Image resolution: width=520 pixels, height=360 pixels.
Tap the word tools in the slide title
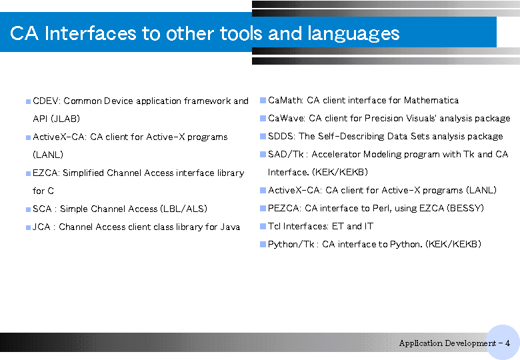[241, 33]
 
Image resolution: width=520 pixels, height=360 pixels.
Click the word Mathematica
[431, 100]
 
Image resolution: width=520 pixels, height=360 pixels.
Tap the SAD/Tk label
[286, 154]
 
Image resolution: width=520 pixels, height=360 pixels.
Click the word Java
[230, 227]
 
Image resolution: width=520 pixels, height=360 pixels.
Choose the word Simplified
[83, 173]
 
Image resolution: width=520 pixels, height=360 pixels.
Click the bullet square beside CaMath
[263, 101]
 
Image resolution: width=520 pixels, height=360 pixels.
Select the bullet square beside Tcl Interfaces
[263, 227]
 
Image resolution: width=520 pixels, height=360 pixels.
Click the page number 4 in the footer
[507, 343]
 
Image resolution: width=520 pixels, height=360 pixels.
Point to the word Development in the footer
[472, 343]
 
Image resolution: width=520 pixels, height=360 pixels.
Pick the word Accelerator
[336, 154]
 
